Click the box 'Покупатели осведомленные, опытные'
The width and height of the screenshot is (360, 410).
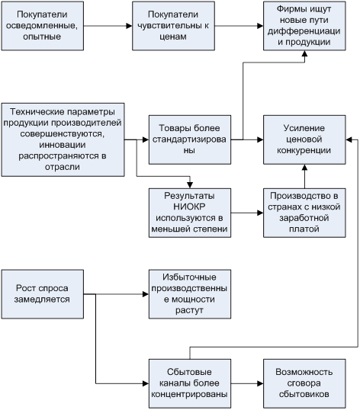click(x=43, y=26)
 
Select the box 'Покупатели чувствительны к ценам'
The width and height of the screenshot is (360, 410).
click(x=173, y=26)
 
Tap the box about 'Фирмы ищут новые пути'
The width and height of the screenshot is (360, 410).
click(x=304, y=26)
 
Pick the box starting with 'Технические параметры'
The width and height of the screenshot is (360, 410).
click(x=63, y=139)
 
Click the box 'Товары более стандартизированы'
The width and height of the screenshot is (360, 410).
click(x=190, y=139)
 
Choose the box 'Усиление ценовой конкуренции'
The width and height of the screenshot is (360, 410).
click(x=304, y=139)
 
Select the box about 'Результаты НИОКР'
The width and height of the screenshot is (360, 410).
click(x=190, y=213)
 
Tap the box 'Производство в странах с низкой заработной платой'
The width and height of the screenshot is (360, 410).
click(x=304, y=213)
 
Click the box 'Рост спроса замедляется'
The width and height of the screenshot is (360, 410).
click(x=43, y=294)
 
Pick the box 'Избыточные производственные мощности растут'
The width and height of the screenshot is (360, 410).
click(x=190, y=294)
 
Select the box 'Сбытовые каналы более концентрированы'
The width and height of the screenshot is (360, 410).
click(x=190, y=383)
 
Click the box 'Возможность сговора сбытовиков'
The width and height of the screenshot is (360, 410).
click(x=304, y=383)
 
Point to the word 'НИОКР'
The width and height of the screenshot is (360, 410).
click(x=189, y=207)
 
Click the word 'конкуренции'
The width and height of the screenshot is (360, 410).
click(x=304, y=151)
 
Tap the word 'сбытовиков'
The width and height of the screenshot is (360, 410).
click(x=304, y=394)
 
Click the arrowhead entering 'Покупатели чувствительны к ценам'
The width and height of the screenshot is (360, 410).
click(x=129, y=26)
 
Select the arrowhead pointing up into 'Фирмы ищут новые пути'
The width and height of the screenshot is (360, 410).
click(x=304, y=53)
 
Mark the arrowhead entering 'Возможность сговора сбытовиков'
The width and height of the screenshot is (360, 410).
click(x=260, y=383)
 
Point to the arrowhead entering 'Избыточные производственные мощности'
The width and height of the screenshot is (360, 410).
click(x=146, y=294)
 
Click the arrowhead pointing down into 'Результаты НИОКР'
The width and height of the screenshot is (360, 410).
click(x=190, y=185)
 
